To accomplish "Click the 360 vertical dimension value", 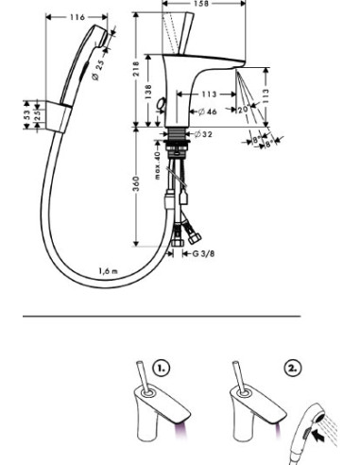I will coord(136,181).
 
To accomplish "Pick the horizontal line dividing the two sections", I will coord(161,315).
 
